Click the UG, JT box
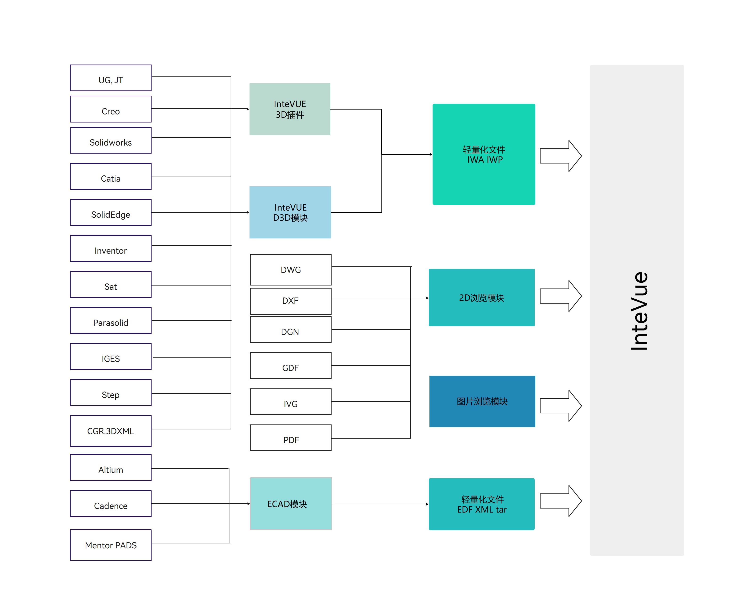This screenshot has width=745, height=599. [x=111, y=78]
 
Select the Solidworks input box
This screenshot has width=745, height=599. [x=111, y=140]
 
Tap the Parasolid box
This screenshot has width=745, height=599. [x=111, y=321]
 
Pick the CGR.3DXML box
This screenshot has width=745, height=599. [x=111, y=431]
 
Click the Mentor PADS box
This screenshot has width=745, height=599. [x=111, y=545]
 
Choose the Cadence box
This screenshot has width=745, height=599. [x=111, y=504]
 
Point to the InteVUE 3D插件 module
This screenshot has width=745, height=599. [x=290, y=109]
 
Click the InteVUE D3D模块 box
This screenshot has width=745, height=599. [x=290, y=212]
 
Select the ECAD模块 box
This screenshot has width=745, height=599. [x=291, y=504]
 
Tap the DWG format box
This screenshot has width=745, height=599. [x=291, y=270]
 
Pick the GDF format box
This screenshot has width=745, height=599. [x=291, y=366]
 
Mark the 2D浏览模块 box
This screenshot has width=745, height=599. [x=482, y=297]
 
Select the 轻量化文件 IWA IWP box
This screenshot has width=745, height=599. [x=484, y=154]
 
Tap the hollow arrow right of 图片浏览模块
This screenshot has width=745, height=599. [x=561, y=406]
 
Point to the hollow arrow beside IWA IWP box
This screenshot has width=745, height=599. [x=561, y=156]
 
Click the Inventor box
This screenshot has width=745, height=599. [x=111, y=248]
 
